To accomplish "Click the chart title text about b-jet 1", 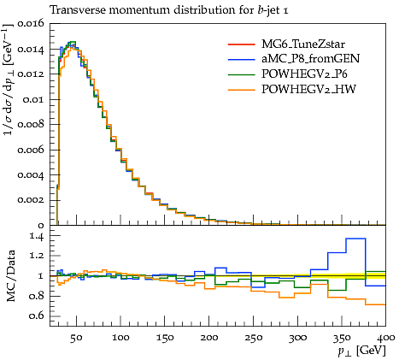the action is pos(169,10).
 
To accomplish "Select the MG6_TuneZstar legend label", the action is pos(303,44).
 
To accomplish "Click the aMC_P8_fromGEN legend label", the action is pos(310,59).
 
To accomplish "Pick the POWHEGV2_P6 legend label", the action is pos(304,74).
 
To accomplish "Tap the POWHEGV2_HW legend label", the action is pos(308,89).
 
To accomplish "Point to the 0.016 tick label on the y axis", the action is pos(31,23).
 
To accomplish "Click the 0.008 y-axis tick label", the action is pos(31,124).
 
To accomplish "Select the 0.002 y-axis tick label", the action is pos(31,200).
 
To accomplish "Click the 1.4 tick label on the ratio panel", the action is pos(38,236).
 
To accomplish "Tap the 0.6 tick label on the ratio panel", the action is pos(38,316).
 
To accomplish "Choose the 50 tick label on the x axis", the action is pos(76,338).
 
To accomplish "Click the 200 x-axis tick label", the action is pos(209,338).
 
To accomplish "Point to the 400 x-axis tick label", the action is pos(386,338).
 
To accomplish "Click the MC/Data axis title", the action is pos(11,276).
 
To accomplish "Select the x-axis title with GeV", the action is pos(361,351).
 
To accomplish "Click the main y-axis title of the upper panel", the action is pos(9,80).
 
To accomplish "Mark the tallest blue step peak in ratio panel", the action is pos(355,239).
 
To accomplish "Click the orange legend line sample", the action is pos(241,90).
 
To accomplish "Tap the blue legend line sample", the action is pos(241,59).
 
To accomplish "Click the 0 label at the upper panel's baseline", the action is pos(41,226).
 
